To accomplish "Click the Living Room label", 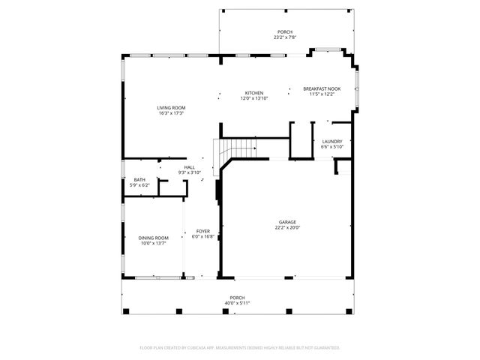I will pos(171,108).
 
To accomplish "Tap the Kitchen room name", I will pos(254,93).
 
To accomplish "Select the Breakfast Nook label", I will pos(322,88).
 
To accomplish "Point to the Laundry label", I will pos(331,141).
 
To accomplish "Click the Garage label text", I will pos(287,222).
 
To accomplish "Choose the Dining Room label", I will pos(152,238).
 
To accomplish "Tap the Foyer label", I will pos(203,231).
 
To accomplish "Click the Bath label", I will pos(139,180).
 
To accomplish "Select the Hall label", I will pos(190,167).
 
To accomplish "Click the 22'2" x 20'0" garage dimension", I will pos(287,227).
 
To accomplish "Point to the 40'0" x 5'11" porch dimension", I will pos(237,303).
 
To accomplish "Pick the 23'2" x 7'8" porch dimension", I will pos(285,37).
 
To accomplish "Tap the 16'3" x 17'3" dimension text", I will pos(171,113).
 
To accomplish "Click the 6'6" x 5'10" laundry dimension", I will pos(331,146).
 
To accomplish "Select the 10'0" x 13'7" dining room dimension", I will pos(152,243).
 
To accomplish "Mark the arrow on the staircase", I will pos(253,148).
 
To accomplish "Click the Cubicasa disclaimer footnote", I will pos(240,347).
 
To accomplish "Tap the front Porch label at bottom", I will pos(237,298).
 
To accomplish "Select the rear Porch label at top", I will pos(285,31).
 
